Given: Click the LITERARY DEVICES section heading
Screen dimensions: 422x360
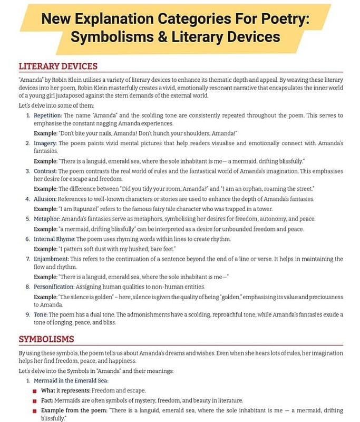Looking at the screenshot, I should [x=58, y=66].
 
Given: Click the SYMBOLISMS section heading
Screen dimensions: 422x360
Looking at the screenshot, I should [x=46, y=339].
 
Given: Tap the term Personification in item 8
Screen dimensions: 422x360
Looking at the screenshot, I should [x=54, y=287].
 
